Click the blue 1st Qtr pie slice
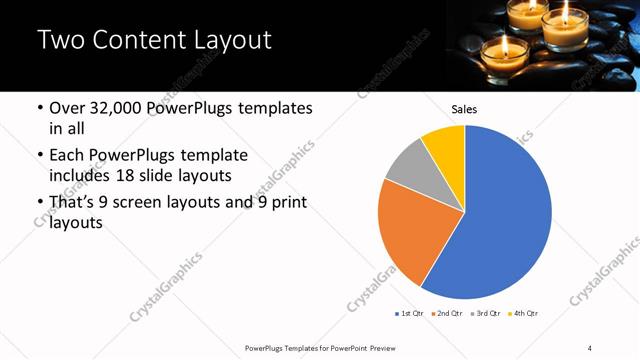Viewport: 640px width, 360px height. tap(505, 220)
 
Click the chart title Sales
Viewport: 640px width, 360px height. tap(464, 109)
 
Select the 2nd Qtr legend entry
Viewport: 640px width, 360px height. tap(446, 314)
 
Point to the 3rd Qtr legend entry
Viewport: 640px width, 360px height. tap(485, 314)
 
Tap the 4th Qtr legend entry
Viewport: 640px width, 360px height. tap(523, 314)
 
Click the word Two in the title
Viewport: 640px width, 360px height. tap(62, 41)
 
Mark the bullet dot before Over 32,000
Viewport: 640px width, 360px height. tap(39, 108)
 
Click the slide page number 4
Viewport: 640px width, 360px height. tap(590, 347)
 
